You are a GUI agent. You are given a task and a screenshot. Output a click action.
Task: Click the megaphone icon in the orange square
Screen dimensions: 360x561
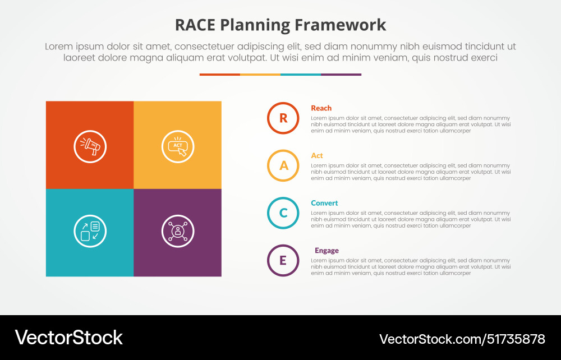point(90,146)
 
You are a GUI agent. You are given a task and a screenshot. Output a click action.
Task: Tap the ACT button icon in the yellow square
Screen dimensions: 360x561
point(178,146)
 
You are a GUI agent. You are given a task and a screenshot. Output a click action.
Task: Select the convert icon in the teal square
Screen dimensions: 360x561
point(90,231)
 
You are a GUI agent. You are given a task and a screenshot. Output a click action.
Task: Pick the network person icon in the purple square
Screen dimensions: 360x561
point(178,231)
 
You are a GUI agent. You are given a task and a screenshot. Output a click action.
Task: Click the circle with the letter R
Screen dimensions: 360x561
point(283,118)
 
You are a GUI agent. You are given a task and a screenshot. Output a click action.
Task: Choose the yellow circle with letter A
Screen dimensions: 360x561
point(283,165)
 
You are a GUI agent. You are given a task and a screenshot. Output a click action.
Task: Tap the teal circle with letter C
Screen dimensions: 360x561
point(283,213)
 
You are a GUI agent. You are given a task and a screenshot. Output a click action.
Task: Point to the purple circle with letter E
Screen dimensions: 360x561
point(283,260)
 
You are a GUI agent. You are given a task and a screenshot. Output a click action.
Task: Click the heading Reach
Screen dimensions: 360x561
point(321,108)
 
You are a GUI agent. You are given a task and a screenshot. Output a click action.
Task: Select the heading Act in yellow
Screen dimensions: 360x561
point(317,156)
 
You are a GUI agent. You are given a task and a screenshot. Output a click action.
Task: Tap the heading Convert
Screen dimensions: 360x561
point(325,203)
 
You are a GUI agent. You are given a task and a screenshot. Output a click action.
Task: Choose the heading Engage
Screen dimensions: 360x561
point(327,251)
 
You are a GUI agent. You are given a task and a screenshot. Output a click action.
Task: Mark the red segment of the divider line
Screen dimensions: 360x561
point(219,75)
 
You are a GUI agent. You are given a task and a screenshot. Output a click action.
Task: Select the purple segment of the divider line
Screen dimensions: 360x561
point(341,75)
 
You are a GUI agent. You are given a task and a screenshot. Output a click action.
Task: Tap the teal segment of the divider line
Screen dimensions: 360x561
point(301,75)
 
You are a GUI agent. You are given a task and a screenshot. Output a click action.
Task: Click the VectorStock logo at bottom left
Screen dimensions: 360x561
point(68,338)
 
